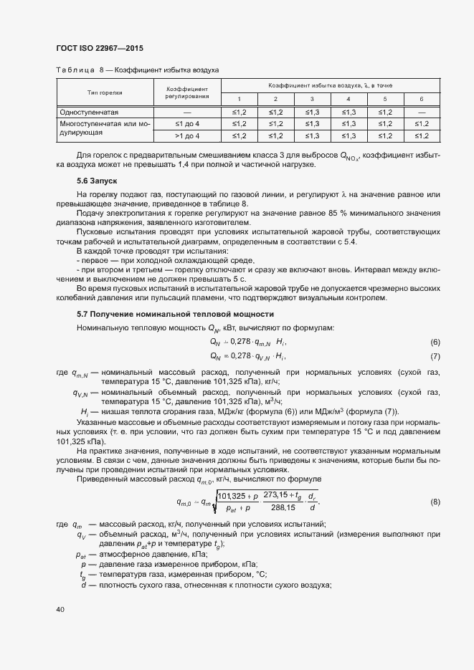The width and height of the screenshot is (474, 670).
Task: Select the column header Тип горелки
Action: point(105,92)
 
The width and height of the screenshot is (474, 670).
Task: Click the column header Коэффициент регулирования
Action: point(187,92)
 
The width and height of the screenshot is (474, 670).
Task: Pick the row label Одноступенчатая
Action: point(88,113)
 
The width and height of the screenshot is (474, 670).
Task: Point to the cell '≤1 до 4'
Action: point(187,124)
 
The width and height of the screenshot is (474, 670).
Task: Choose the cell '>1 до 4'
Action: point(187,135)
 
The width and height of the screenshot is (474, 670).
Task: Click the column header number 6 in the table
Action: point(422,99)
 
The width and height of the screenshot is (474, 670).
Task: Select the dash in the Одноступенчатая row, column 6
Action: point(422,113)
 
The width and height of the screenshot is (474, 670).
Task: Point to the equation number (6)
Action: point(435,343)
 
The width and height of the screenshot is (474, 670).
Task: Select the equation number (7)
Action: point(435,356)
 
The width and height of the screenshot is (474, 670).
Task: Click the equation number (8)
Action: point(435,502)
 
